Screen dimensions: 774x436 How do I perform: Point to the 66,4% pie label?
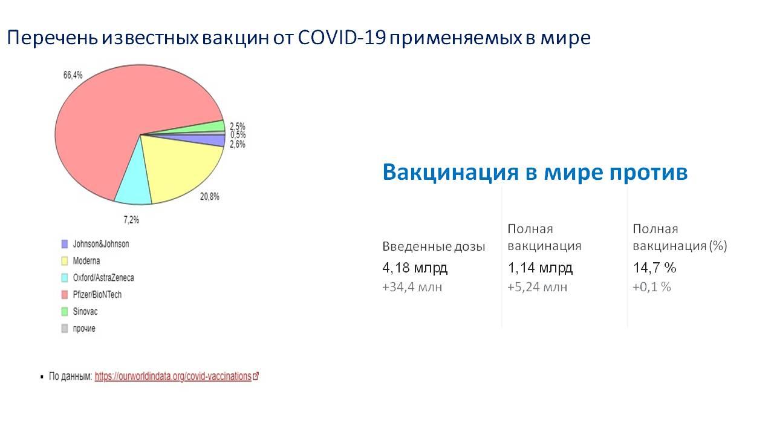point(73,75)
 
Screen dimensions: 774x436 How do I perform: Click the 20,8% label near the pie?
point(209,197)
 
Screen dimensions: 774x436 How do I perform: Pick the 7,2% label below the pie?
point(131,220)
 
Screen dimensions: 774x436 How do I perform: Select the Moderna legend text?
point(86,261)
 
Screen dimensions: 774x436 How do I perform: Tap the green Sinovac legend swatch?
point(65,311)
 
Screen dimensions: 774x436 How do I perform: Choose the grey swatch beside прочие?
point(65,328)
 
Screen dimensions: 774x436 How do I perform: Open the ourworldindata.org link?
point(177,376)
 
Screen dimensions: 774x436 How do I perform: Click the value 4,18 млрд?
point(415,268)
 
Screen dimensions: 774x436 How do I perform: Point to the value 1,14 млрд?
point(540,268)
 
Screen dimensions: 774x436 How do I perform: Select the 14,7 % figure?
point(654,268)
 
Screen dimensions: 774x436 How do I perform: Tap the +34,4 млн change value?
point(412,287)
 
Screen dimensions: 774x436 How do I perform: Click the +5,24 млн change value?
point(538,287)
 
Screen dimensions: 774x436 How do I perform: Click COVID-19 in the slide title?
point(342,38)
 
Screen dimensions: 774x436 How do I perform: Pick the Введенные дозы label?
point(434,246)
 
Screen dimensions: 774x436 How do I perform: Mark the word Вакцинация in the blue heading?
point(450,172)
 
